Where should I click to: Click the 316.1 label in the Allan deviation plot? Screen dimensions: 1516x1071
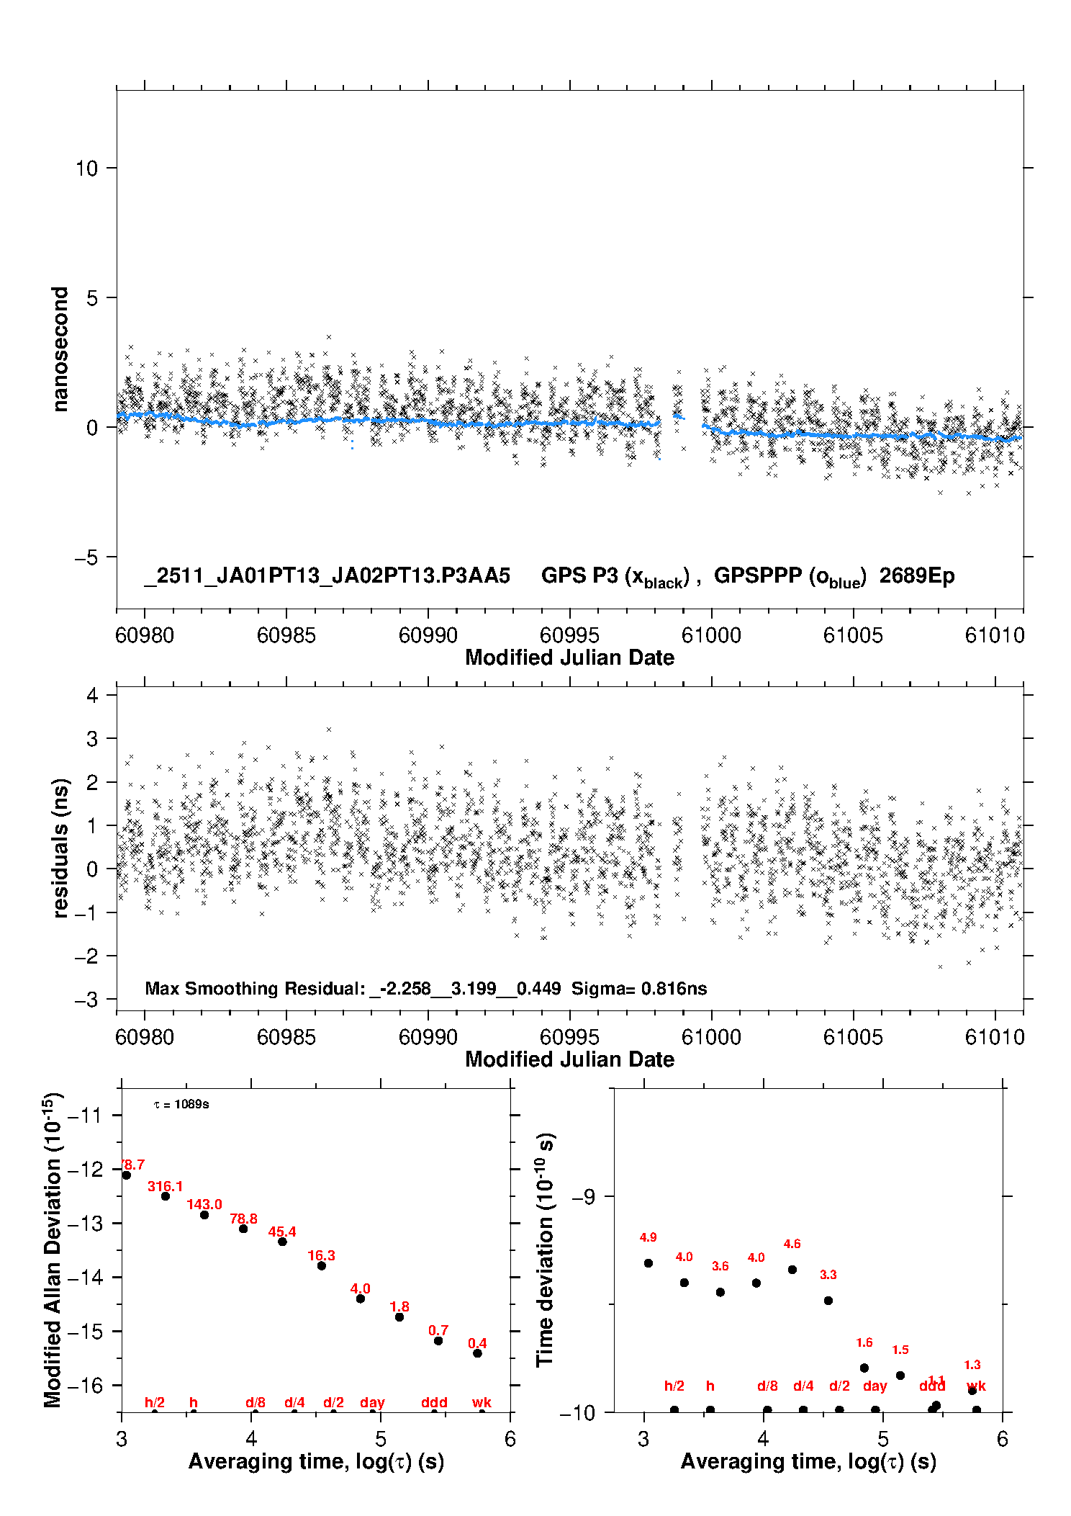165,1186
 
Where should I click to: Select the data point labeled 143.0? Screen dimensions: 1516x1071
204,1215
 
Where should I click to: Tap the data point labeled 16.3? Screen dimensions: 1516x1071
322,1265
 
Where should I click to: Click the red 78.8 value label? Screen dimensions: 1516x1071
243,1219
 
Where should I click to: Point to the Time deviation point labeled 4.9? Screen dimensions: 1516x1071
649,1263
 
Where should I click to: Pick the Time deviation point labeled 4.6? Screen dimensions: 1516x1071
792,1270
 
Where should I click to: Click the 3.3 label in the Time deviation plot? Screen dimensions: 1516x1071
828,1275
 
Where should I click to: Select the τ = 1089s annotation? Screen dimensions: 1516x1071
181,1105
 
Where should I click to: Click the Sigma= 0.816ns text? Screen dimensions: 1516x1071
639,989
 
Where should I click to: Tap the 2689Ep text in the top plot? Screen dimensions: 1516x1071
917,576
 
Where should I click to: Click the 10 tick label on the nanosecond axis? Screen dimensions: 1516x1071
86,169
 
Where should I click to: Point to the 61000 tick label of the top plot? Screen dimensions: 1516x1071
711,635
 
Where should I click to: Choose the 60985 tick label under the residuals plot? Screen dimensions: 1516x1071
286,1037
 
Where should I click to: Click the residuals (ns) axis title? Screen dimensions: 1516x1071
60,848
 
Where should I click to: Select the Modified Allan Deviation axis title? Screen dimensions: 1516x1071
53,1250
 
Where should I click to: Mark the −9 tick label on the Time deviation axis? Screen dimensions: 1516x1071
583,1197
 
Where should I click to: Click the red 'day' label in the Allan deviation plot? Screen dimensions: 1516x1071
372,1402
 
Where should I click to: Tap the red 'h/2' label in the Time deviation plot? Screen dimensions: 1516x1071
674,1386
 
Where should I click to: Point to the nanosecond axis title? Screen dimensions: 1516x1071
60,349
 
